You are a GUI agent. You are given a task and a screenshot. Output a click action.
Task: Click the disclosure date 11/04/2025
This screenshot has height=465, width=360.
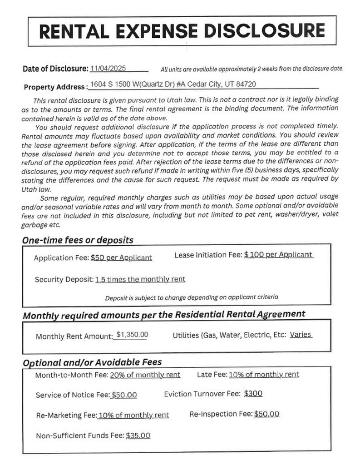(108, 68)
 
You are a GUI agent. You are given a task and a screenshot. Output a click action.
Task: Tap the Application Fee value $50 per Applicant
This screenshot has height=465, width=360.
(121, 257)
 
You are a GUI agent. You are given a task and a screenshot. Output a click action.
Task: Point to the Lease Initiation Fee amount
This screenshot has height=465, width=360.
(278, 255)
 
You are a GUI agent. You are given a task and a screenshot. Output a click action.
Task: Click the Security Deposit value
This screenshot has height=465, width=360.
(140, 279)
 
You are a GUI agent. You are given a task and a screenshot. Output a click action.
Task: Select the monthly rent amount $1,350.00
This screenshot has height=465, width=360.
(132, 335)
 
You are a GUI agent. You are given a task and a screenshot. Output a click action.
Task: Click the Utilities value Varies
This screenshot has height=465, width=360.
(301, 335)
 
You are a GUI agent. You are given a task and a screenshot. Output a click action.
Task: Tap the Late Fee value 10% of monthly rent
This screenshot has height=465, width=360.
(264, 374)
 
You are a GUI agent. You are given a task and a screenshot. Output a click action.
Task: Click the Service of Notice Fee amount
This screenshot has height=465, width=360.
(124, 395)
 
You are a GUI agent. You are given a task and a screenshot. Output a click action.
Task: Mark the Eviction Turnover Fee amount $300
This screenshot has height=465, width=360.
(253, 394)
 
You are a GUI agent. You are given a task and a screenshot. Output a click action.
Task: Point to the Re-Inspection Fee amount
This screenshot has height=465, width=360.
(267, 414)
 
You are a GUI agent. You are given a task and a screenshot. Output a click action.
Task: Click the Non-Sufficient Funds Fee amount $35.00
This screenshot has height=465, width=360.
(138, 435)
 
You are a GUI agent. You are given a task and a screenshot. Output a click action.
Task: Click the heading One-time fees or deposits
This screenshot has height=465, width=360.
(78, 240)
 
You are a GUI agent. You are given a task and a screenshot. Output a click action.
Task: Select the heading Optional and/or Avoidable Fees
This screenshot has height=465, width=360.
(92, 362)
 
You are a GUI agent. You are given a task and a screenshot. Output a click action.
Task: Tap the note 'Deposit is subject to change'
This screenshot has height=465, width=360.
(192, 297)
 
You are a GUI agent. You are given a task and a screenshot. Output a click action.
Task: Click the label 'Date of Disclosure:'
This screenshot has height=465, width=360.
(55, 69)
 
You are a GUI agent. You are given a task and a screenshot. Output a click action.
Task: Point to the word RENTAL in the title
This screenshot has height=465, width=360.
(73, 30)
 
